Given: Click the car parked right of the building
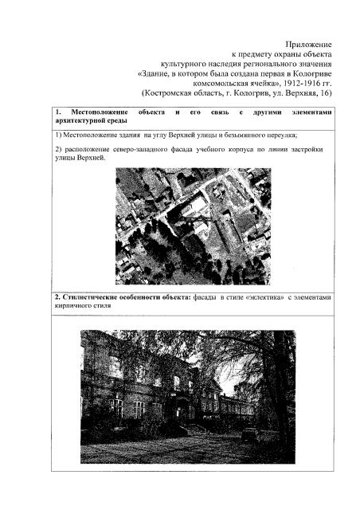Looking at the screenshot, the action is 249,434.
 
